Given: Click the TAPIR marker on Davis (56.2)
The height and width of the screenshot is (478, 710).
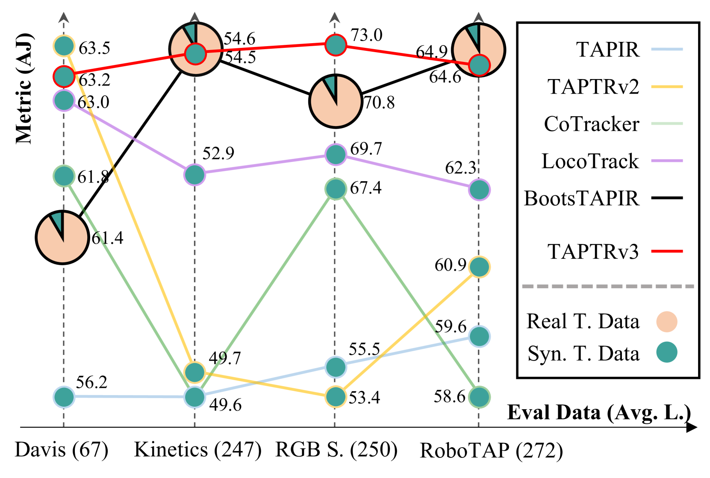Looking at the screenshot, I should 64,397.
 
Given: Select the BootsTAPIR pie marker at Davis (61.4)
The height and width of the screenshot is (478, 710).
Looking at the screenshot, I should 62,238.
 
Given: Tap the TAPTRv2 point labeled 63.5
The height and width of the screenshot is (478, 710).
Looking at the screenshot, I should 64,46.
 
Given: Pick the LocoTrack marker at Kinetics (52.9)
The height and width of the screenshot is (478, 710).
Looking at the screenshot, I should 194,174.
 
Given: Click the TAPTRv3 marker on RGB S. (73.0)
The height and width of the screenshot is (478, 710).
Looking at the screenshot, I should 336,44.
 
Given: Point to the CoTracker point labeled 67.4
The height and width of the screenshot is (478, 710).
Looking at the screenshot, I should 336,189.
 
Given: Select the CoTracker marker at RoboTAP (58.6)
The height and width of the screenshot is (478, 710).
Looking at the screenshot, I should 479,397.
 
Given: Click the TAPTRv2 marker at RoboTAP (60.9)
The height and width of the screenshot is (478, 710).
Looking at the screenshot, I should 479,267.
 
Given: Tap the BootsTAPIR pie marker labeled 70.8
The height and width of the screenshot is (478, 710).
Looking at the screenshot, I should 336,101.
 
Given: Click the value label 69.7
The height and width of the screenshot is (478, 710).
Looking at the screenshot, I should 366,149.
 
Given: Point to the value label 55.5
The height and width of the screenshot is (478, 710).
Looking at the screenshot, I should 364,349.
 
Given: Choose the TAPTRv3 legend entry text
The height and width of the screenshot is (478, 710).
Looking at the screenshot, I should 593,252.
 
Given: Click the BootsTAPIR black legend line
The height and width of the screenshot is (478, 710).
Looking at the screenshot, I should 667,198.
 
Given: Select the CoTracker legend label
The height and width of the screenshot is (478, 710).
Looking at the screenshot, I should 592,124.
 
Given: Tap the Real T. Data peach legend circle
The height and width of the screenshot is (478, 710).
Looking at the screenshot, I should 667,322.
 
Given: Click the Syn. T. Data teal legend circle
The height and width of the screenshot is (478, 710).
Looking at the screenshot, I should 667,353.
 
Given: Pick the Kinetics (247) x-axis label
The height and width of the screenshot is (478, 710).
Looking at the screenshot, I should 197,450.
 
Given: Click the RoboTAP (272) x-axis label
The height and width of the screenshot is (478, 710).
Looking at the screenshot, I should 491,451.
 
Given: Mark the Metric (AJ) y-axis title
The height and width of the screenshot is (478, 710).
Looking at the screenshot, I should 24,88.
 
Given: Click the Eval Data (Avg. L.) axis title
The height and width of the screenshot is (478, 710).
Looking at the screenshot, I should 598,413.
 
